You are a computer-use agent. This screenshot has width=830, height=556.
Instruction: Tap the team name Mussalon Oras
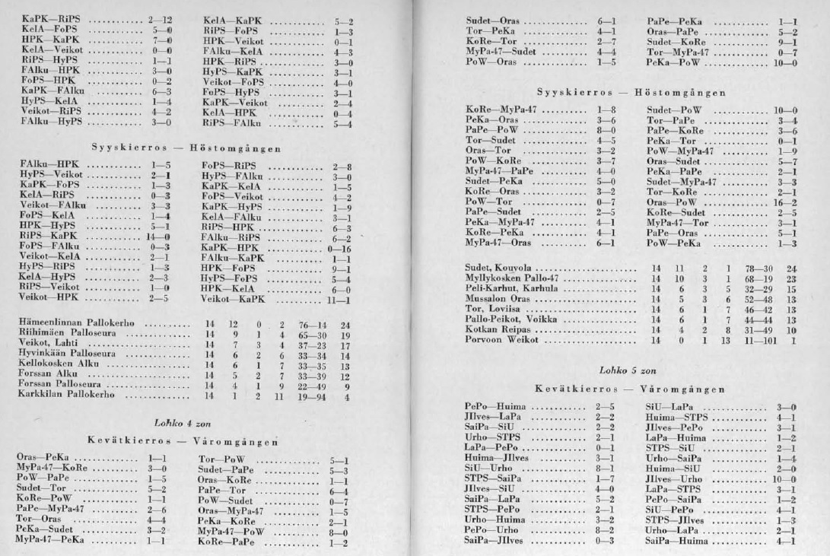498,300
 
